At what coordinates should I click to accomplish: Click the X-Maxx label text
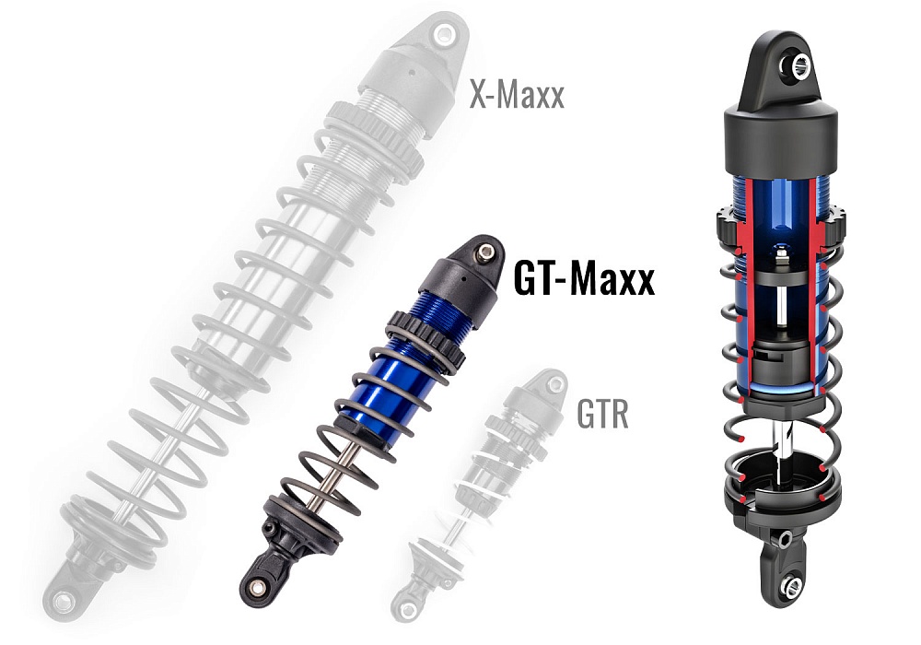coord(516,95)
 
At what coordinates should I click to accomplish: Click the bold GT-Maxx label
coord(584,279)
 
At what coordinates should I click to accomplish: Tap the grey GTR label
coord(602,416)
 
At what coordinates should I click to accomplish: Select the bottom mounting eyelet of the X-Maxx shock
coord(64,600)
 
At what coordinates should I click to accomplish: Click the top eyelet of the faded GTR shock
coord(552,381)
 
